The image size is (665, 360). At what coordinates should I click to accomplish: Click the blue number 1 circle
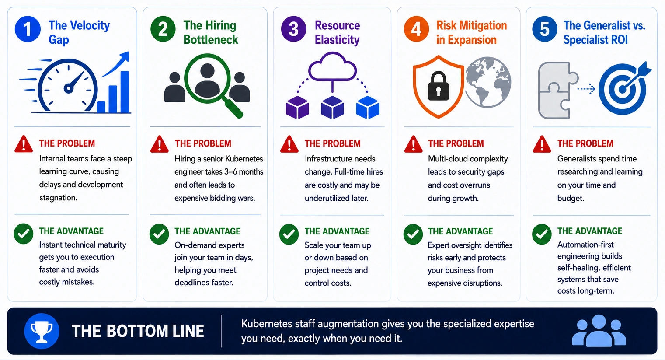tap(28, 29)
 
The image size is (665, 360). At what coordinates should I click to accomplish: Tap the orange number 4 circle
tap(416, 29)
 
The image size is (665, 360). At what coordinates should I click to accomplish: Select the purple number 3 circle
tap(293, 29)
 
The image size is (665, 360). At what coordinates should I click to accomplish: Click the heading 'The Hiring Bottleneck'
tap(210, 32)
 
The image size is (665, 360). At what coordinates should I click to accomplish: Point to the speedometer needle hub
tap(69, 88)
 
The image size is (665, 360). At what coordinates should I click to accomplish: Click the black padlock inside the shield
tap(438, 86)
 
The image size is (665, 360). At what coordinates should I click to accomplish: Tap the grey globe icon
tap(488, 82)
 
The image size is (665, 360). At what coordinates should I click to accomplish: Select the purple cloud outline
tap(332, 66)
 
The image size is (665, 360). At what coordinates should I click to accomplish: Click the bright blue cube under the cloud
tap(368, 107)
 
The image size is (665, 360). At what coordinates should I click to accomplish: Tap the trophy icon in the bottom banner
tap(42, 331)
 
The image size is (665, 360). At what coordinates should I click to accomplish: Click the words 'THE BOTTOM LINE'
tap(138, 331)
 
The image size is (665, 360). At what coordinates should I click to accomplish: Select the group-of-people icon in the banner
tap(599, 331)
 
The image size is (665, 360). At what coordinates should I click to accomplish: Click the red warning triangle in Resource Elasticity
tap(289, 145)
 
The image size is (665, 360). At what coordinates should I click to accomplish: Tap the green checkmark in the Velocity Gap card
tap(24, 234)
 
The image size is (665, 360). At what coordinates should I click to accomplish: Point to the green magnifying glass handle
tap(233, 108)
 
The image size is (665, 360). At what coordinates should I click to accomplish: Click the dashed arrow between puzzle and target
tap(586, 89)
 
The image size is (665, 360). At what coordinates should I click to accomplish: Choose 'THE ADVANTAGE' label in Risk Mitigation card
tap(460, 231)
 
